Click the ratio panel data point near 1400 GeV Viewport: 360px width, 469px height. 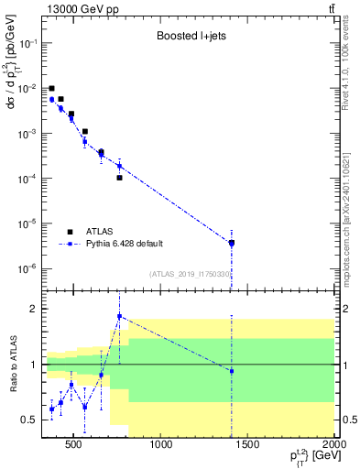[x=232, y=371]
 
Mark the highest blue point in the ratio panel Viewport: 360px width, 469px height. [x=119, y=316]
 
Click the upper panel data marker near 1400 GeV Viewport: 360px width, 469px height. [x=232, y=243]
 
